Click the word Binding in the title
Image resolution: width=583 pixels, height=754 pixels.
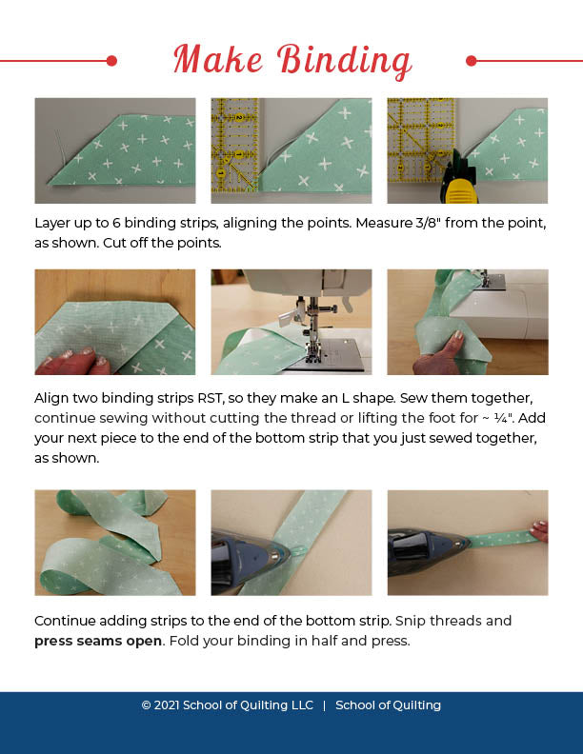344,61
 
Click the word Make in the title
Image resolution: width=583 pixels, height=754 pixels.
218,59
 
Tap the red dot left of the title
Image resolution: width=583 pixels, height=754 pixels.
111,61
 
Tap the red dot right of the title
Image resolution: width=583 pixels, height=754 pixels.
472,61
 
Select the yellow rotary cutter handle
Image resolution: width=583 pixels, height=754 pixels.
460,189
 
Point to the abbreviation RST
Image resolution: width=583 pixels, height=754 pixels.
211,398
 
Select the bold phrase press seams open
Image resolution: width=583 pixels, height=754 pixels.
98,641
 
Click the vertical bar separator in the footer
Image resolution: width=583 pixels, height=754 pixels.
324,705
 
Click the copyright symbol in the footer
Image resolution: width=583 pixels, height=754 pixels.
147,705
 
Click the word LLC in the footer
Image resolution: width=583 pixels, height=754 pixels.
302,705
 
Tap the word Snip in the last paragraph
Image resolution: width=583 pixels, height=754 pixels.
411,621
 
